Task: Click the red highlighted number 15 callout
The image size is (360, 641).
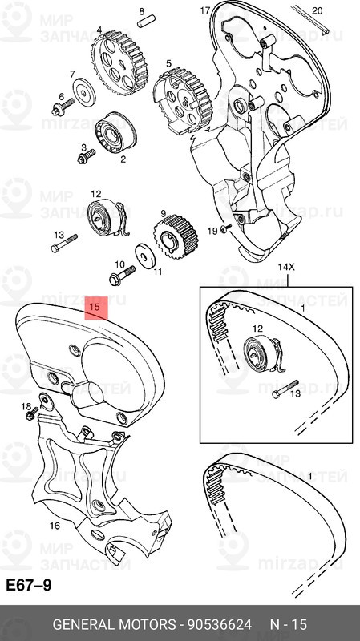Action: [95, 306]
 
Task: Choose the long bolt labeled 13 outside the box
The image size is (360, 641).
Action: [63, 244]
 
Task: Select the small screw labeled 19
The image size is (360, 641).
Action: [227, 229]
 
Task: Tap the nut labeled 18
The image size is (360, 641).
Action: [30, 414]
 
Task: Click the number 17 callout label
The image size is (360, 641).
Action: [205, 10]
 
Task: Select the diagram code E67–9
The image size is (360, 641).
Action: [29, 585]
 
